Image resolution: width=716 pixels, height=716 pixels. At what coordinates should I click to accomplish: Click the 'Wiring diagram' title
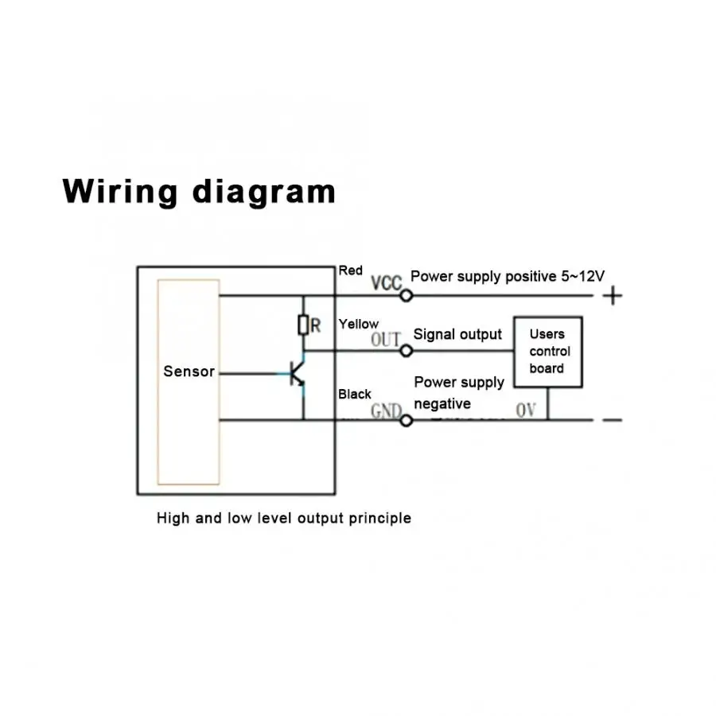click(199, 193)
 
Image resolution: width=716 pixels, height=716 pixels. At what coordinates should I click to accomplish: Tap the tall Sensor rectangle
click(189, 382)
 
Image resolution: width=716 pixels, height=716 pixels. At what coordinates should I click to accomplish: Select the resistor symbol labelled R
click(302, 325)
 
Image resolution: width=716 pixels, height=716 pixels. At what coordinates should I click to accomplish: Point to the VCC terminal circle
click(406, 296)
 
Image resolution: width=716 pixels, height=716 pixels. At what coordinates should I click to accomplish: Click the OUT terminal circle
click(407, 351)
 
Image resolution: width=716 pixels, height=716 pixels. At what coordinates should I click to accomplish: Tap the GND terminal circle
click(406, 419)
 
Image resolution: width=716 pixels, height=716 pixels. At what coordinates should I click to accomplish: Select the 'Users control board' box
click(547, 352)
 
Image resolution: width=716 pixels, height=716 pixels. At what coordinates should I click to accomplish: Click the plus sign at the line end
click(613, 296)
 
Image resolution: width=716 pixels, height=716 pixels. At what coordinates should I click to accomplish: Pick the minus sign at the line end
click(613, 419)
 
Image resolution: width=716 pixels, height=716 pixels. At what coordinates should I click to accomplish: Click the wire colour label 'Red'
click(350, 270)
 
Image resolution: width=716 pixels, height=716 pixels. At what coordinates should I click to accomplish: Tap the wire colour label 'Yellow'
click(359, 324)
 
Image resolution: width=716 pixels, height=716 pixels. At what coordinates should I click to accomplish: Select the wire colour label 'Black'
click(355, 394)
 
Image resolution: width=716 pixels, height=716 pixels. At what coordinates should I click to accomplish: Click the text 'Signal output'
click(457, 335)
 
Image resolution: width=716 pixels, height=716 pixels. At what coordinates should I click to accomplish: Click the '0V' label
click(526, 411)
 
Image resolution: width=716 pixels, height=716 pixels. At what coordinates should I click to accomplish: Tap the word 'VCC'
click(387, 282)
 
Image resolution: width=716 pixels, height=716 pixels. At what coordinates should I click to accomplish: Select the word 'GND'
click(386, 411)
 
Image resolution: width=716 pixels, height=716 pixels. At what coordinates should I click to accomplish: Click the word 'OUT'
click(386, 340)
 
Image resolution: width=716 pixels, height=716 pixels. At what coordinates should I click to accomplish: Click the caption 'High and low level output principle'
click(284, 519)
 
